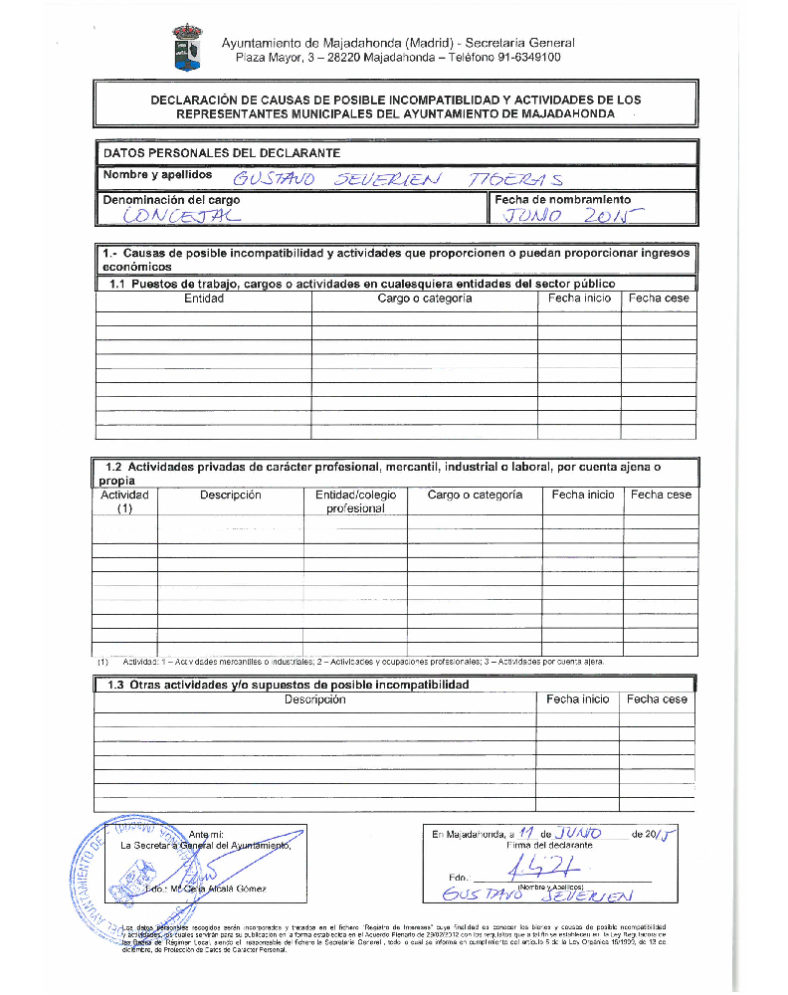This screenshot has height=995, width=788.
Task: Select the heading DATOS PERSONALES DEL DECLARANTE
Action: coord(222,153)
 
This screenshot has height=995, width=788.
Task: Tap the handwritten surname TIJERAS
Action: coord(516,179)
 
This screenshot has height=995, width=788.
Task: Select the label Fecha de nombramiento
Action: coord(562,200)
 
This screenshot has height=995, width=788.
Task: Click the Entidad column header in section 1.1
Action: coord(204,298)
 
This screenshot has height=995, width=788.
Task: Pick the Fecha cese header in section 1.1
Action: coord(659,298)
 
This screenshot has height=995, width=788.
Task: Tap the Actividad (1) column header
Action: coord(125,501)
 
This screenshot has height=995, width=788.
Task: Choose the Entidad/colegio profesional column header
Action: coord(355,501)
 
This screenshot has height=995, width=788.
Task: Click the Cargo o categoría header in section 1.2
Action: coord(475,495)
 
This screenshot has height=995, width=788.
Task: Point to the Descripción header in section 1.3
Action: coord(314,699)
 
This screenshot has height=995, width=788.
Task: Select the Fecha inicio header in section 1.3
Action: coord(577,699)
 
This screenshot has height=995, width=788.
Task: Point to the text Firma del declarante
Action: coord(550,845)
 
